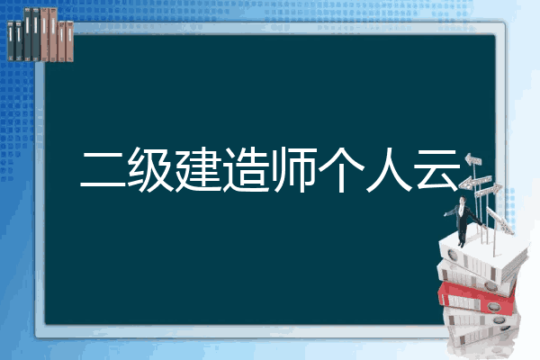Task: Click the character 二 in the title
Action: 103,170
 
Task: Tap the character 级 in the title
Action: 150,170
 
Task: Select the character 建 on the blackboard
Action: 198,170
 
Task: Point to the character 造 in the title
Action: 246,170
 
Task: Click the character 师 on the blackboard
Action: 295,170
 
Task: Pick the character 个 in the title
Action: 341,170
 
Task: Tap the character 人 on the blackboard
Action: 389,170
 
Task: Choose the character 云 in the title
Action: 437,170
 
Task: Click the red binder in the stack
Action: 476,298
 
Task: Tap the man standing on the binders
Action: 463,221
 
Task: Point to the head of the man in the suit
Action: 463,200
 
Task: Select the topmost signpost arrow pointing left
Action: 473,159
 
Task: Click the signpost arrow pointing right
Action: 488,191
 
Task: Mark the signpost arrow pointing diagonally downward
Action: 500,220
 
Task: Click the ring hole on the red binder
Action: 493,307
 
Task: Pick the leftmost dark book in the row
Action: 11,40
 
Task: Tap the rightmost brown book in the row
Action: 70,41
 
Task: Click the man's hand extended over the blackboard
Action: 445,214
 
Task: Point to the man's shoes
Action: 461,244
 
